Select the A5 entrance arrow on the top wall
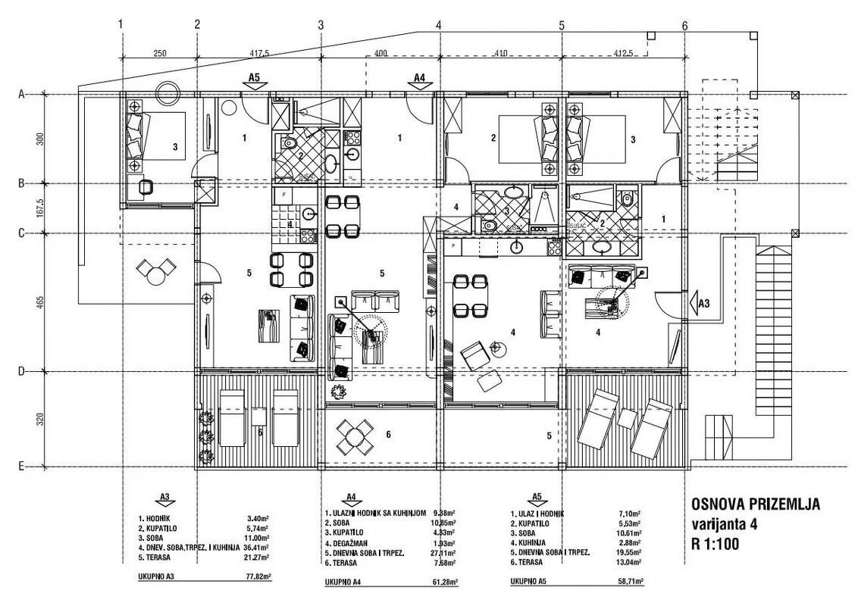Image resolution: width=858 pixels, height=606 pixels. [x=255, y=80]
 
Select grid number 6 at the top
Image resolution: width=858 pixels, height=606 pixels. [x=684, y=25]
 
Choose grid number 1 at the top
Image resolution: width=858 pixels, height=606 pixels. [x=121, y=25]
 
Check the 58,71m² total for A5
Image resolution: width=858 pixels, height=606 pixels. [x=629, y=582]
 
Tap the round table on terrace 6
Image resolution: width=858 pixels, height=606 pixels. [x=354, y=435]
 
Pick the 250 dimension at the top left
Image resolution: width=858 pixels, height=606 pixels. [x=158, y=55]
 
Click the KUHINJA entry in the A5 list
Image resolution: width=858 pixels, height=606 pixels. [x=534, y=543]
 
